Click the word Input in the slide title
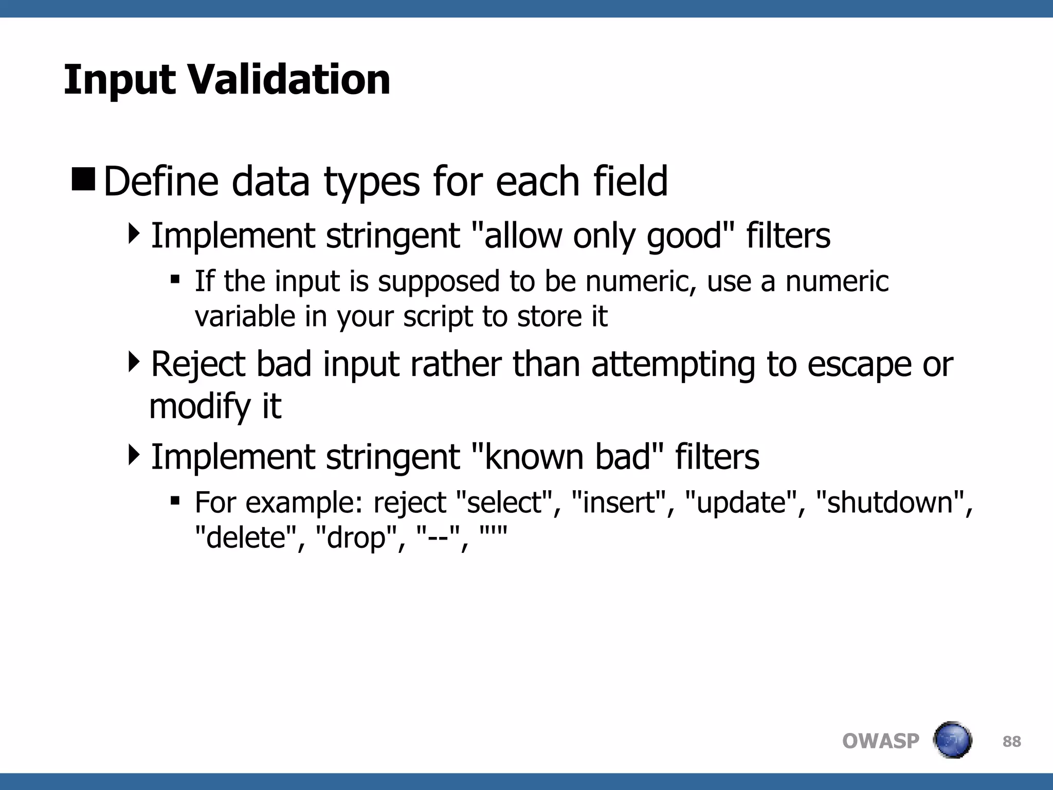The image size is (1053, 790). click(119, 80)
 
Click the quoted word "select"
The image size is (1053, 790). click(504, 502)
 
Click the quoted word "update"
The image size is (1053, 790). click(741, 502)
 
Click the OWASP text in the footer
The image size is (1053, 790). click(880, 741)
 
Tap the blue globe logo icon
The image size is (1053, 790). click(952, 740)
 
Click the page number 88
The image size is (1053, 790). click(1011, 741)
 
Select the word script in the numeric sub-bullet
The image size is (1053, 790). click(438, 317)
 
